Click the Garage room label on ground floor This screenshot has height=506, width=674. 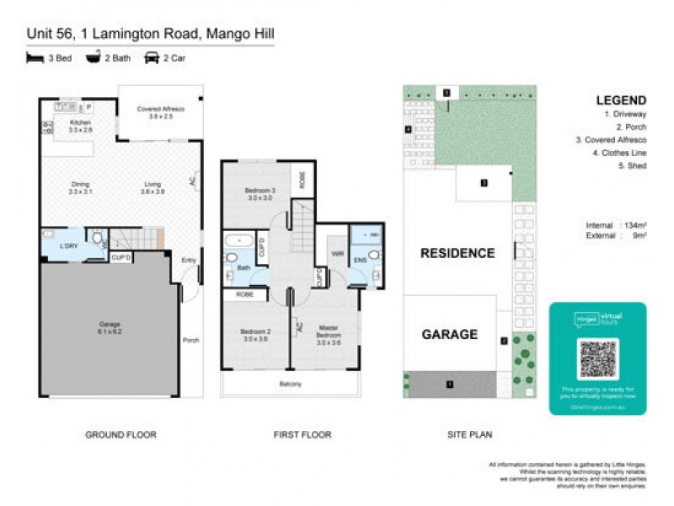[109, 328]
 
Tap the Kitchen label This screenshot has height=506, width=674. [79, 127]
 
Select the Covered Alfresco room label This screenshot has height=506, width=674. [160, 113]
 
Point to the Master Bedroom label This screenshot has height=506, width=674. [328, 337]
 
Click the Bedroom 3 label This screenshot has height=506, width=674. [255, 194]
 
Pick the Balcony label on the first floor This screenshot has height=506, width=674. [290, 384]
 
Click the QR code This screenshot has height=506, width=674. [598, 359]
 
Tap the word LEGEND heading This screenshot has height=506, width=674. [621, 100]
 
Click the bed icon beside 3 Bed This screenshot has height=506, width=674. [35, 58]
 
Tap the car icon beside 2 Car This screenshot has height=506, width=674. [152, 58]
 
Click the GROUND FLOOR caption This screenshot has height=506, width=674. [120, 435]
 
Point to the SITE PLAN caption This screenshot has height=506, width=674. [468, 435]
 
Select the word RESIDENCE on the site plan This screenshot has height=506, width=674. [457, 253]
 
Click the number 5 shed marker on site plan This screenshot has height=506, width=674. [447, 91]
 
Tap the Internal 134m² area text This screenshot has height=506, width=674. [616, 225]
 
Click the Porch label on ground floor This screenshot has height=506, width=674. [191, 341]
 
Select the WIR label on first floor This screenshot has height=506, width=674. [338, 252]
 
